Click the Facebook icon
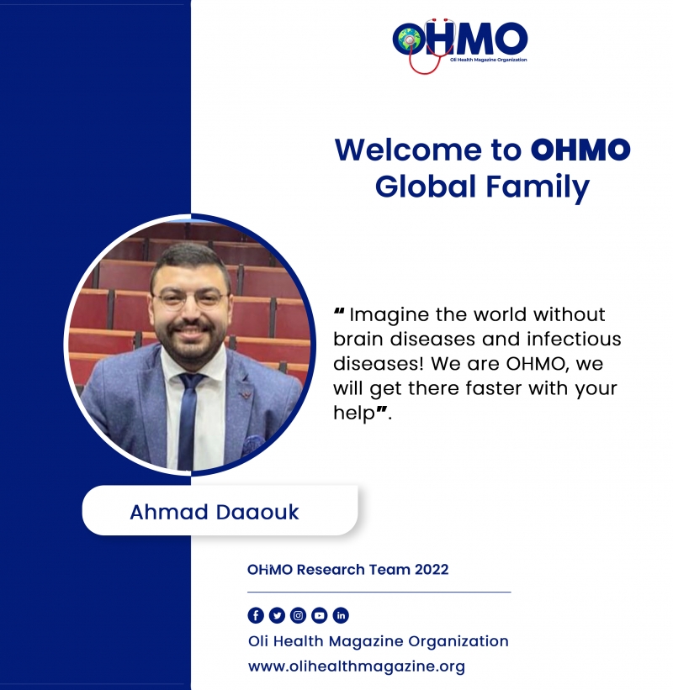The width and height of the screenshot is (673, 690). (256, 615)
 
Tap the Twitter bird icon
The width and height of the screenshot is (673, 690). (277, 615)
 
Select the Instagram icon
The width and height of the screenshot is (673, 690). (298, 615)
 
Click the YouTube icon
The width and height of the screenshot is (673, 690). (320, 615)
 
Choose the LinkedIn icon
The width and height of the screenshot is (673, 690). (341, 615)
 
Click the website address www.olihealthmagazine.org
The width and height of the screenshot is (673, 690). (357, 666)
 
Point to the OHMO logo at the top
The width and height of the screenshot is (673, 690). (460, 45)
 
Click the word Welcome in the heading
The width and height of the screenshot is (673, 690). (408, 150)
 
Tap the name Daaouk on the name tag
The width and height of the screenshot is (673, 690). (257, 512)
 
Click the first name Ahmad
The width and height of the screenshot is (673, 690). (169, 512)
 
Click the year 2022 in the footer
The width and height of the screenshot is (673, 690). (432, 570)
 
